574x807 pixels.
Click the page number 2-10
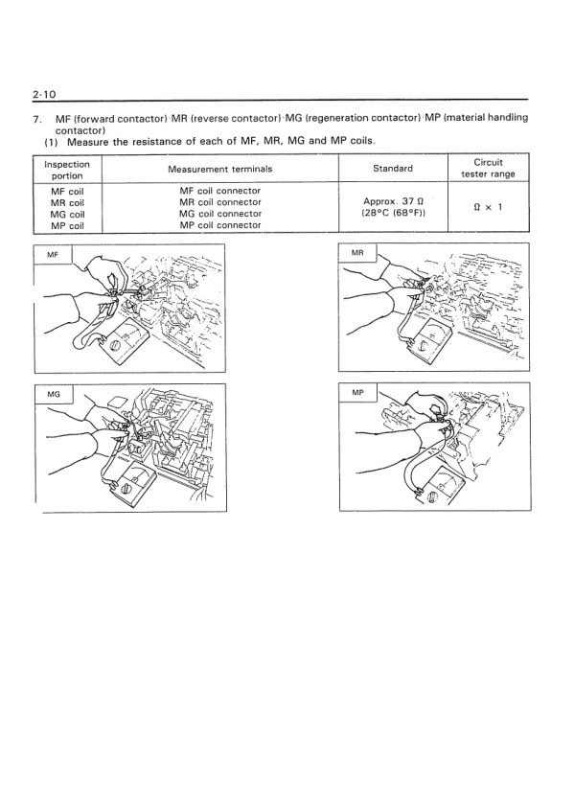coord(44,94)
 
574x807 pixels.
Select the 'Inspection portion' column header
coord(67,170)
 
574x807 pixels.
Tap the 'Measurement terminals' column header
coord(219,169)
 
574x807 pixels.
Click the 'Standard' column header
coord(393,169)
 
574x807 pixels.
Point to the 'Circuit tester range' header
coord(488,168)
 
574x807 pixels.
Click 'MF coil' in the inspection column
coord(67,192)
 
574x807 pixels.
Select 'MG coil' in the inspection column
coord(67,214)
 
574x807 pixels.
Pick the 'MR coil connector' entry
coord(220,202)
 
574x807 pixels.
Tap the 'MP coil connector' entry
coord(220,225)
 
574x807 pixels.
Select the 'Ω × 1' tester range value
coord(488,207)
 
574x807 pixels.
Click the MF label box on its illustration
coord(53,254)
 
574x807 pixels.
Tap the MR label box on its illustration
coord(357,253)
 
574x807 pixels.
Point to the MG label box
coord(54,394)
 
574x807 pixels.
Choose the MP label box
coord(357,393)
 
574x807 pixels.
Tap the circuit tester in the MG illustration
coord(135,483)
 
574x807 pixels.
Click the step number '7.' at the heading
coord(37,120)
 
